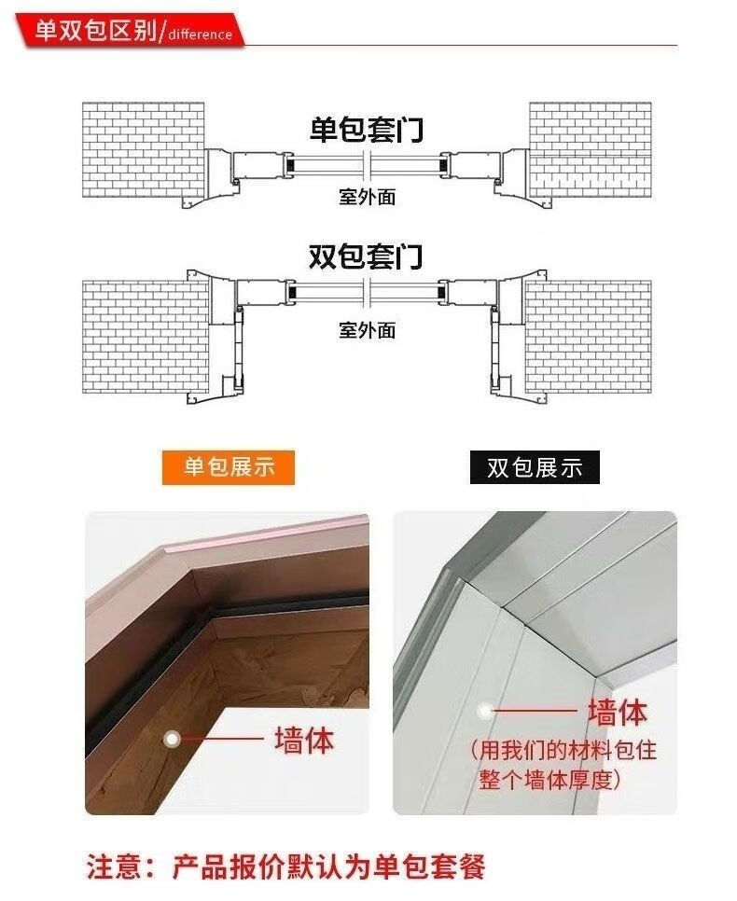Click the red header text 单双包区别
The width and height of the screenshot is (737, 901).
95,31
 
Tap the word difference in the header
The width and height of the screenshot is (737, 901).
201,35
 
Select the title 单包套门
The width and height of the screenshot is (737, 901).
367,130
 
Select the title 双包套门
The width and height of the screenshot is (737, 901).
367,256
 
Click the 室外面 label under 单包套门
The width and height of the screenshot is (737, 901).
368,197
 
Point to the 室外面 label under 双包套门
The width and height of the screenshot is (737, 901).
368,330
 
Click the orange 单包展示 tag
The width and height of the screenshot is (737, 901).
229,467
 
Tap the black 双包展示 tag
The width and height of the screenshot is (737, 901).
535,467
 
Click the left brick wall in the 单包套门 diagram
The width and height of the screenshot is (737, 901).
143,150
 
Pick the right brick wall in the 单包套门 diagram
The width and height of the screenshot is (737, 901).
591,150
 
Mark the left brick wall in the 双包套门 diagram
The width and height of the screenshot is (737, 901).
145,337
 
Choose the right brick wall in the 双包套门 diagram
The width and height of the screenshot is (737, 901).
588,337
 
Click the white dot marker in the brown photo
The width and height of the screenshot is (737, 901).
172,739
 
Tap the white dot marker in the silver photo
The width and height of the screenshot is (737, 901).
484,712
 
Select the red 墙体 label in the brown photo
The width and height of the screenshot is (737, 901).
304,740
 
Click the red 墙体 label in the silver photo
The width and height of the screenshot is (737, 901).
618,712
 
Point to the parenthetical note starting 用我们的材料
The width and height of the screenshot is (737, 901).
563,765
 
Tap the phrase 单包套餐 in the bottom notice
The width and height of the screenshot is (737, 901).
429,867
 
